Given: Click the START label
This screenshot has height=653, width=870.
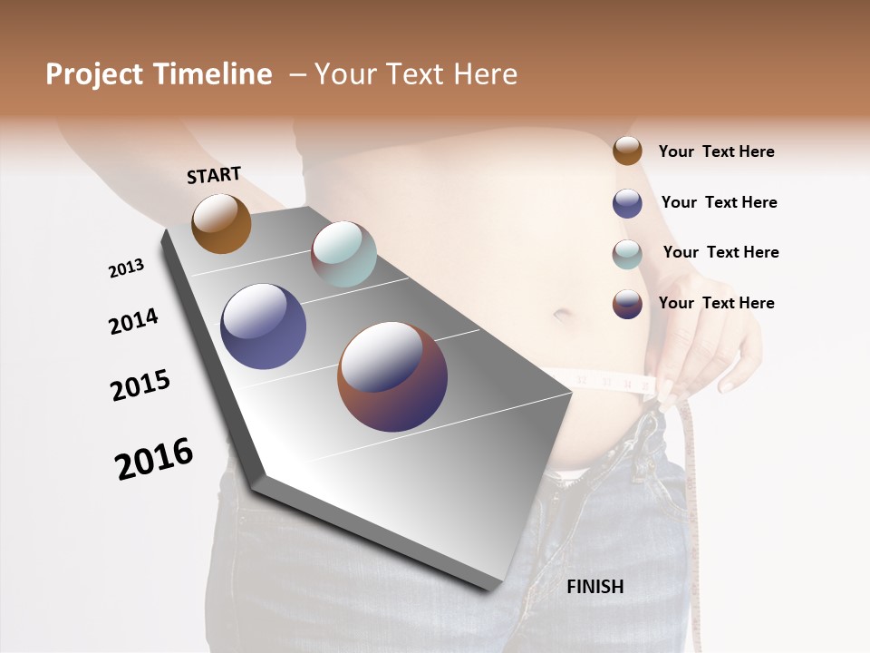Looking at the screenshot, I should tap(214, 175).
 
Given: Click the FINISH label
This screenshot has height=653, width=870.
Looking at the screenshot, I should tap(594, 587).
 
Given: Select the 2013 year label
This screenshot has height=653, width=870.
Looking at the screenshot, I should tap(126, 268).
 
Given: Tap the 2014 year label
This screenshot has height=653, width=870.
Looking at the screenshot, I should tap(133, 321).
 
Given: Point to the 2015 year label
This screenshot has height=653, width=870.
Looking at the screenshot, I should tap(140, 385).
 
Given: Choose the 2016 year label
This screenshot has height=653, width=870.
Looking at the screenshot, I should tap(154, 458).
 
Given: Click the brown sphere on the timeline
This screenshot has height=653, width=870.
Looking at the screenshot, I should tap(221, 224).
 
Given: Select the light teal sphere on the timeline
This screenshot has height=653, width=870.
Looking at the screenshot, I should tap(343, 254).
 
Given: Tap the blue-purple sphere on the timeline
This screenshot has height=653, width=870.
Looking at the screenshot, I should tap(263, 326).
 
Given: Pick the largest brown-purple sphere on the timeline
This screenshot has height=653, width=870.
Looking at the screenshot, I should tap(392, 376).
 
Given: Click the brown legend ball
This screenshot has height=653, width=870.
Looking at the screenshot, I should tap(627, 151).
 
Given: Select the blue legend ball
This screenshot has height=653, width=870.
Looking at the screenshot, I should tap(627, 203).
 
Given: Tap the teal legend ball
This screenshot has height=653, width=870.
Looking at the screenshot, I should tap(627, 254).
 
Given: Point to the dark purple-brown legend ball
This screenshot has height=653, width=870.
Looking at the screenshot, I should tap(627, 304).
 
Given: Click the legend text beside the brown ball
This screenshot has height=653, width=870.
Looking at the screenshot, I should tap(716, 151).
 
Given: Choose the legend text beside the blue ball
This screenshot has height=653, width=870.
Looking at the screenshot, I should tap(719, 202).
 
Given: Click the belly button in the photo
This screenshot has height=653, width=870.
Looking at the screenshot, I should tap(562, 317).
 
